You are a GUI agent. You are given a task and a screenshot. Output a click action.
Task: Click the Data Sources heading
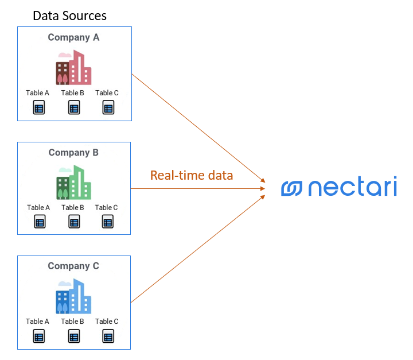pos(69,16)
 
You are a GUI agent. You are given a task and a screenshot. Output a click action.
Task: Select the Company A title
pos(73,37)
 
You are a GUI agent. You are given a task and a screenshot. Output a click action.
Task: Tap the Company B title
pos(73,152)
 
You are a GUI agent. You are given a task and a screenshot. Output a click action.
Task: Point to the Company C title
pos(73,266)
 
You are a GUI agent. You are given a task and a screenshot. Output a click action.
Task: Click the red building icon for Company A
pos(73,68)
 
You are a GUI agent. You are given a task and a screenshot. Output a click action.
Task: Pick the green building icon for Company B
pos(73,183)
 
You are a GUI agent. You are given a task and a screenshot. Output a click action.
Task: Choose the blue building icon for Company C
pos(73,296)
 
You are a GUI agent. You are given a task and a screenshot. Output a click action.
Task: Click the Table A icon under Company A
pos(38,107)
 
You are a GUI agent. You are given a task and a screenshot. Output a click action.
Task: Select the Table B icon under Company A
pos(73,107)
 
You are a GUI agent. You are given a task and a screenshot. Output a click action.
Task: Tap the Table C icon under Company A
pos(108,107)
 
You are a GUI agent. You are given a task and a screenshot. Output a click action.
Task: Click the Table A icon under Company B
pos(39,222)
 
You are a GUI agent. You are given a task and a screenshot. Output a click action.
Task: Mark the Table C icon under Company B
pos(107,222)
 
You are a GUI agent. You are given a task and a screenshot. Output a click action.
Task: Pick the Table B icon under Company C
pos(73,336)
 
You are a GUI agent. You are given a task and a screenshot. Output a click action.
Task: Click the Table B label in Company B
pos(73,207)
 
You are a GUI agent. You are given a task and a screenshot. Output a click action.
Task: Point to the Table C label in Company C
pos(107,322)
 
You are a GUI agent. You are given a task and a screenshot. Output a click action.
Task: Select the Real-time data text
pos(192,175)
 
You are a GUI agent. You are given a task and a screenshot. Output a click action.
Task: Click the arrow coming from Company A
pos(198,127)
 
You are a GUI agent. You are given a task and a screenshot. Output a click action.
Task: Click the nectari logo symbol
pos(291,188)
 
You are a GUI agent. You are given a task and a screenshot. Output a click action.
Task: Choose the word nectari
pos(352,188)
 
